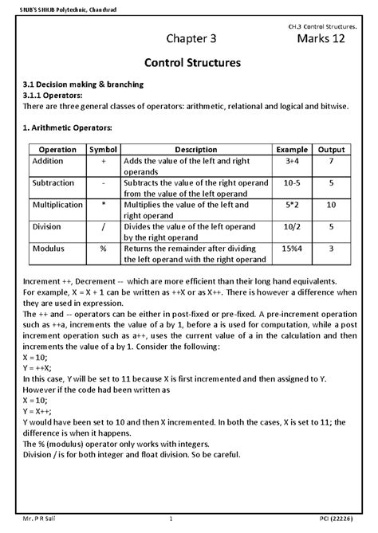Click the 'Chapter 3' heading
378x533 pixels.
tap(191, 38)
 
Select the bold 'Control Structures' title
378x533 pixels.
tap(188, 62)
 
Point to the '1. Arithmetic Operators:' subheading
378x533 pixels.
tap(68, 127)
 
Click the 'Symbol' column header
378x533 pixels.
tap(104, 150)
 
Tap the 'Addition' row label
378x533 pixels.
tap(49, 161)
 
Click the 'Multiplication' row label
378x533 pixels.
tap(57, 205)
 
